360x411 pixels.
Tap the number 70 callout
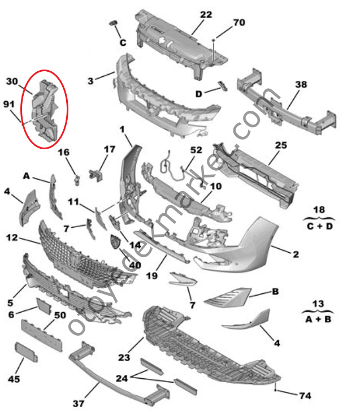click(x=239, y=23)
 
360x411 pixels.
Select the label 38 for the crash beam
click(x=301, y=85)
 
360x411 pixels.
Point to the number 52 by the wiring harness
click(x=196, y=150)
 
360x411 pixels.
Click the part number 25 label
click(x=281, y=145)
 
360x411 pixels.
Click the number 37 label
click(x=80, y=403)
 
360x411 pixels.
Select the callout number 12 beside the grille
click(x=12, y=239)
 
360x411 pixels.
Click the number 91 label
click(x=10, y=104)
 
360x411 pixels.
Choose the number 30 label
click(x=12, y=81)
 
